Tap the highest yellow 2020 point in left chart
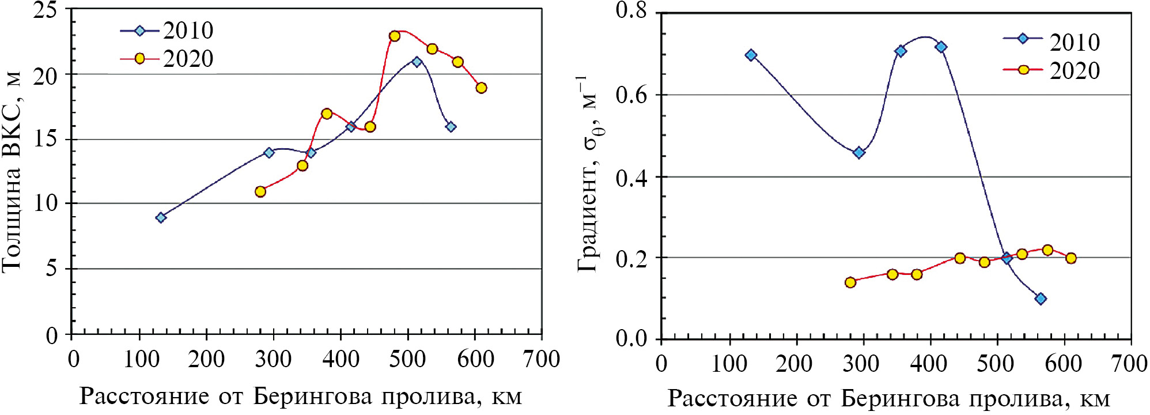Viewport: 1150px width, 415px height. click(x=395, y=36)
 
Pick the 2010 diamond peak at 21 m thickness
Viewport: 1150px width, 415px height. click(x=417, y=62)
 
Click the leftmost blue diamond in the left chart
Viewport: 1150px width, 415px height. click(x=161, y=217)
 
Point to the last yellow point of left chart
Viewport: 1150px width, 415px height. click(x=481, y=88)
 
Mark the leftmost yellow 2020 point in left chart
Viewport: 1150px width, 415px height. click(x=260, y=191)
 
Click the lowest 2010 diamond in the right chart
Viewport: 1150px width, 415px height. click(x=1041, y=299)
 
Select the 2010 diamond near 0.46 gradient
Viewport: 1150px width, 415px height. click(x=859, y=153)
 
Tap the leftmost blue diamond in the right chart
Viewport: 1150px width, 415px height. click(x=751, y=55)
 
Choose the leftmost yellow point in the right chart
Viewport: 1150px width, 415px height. click(x=850, y=282)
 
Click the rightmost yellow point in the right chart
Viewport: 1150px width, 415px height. click(x=1071, y=258)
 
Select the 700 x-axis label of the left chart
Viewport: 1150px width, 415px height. click(x=541, y=360)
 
